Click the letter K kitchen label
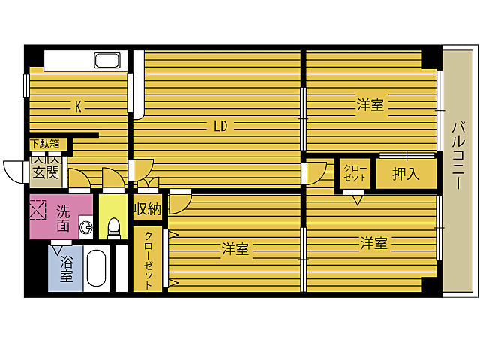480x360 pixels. pyautogui.click(x=78, y=106)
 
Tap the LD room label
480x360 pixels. pyautogui.click(x=220, y=126)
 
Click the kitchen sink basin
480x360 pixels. pyautogui.click(x=107, y=60)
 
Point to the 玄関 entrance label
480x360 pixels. pyautogui.click(x=46, y=173)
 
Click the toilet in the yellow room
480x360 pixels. pyautogui.click(x=113, y=228)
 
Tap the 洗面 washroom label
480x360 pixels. pyautogui.click(x=63, y=219)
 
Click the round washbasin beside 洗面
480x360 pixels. pyautogui.click(x=85, y=227)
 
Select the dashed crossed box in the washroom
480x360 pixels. pyautogui.click(x=37, y=209)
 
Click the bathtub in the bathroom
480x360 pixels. pyautogui.click(x=97, y=268)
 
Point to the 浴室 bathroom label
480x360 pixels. pyautogui.click(x=67, y=268)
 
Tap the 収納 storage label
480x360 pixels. pyautogui.click(x=148, y=209)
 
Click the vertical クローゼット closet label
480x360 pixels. pyautogui.click(x=148, y=260)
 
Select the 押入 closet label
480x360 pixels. pyautogui.click(x=406, y=174)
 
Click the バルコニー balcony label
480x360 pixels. pyautogui.click(x=458, y=155)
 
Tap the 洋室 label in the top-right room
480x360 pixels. pyautogui.click(x=370, y=105)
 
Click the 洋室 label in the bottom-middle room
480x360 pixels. pyautogui.click(x=235, y=249)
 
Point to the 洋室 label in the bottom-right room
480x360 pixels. pyautogui.click(x=373, y=243)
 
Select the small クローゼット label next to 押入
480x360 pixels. pyautogui.click(x=355, y=173)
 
